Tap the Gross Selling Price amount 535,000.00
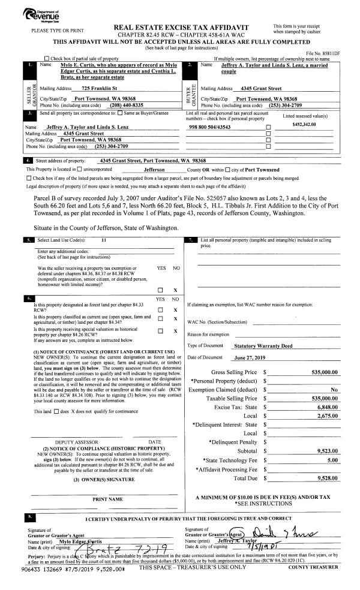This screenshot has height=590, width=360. [x=322, y=372]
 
